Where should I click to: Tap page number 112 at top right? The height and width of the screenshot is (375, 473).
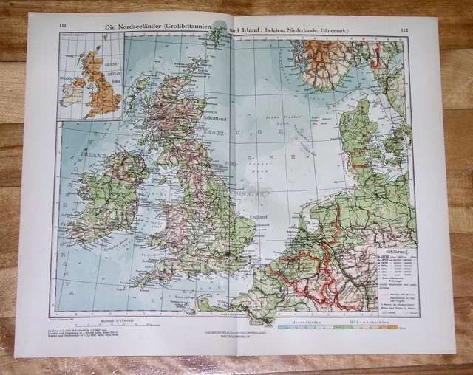click(x=402, y=30)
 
